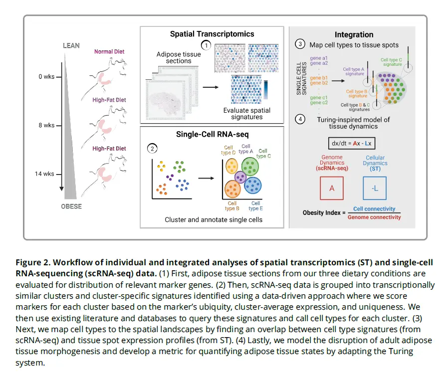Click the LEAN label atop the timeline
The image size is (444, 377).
(x=71, y=46)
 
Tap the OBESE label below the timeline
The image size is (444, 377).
(x=72, y=206)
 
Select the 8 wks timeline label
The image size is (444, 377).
(x=46, y=125)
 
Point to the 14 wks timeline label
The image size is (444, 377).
(x=45, y=174)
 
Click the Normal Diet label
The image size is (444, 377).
(x=109, y=51)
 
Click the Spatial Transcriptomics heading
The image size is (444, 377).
(x=212, y=34)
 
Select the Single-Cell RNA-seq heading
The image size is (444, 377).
(x=212, y=134)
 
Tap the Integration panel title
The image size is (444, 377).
(x=354, y=34)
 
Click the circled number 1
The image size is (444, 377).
(x=206, y=45)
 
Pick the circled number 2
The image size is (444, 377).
(x=151, y=148)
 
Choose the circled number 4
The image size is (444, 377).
(x=300, y=119)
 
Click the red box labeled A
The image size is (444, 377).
(x=332, y=188)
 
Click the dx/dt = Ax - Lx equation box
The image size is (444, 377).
(x=354, y=143)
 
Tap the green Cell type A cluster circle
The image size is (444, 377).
(x=249, y=166)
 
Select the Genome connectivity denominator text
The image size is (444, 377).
(x=374, y=217)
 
